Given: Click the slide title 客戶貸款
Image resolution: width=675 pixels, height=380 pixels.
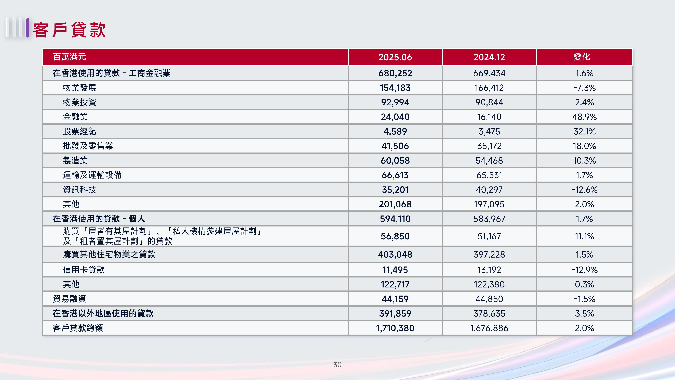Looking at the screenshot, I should click(x=69, y=30).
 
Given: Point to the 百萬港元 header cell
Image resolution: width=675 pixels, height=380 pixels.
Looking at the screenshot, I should click(x=69, y=57).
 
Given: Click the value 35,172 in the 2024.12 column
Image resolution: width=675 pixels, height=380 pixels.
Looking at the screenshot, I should click(x=489, y=146).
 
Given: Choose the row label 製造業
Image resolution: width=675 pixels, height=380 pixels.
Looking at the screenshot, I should click(x=75, y=160).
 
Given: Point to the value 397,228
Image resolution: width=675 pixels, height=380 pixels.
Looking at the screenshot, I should click(x=489, y=254).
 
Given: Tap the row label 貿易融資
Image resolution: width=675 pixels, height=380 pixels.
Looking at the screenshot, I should click(x=69, y=299).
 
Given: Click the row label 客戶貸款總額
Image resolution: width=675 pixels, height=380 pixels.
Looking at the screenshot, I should click(x=78, y=328).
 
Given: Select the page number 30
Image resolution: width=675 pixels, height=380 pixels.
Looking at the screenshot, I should click(x=337, y=364).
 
